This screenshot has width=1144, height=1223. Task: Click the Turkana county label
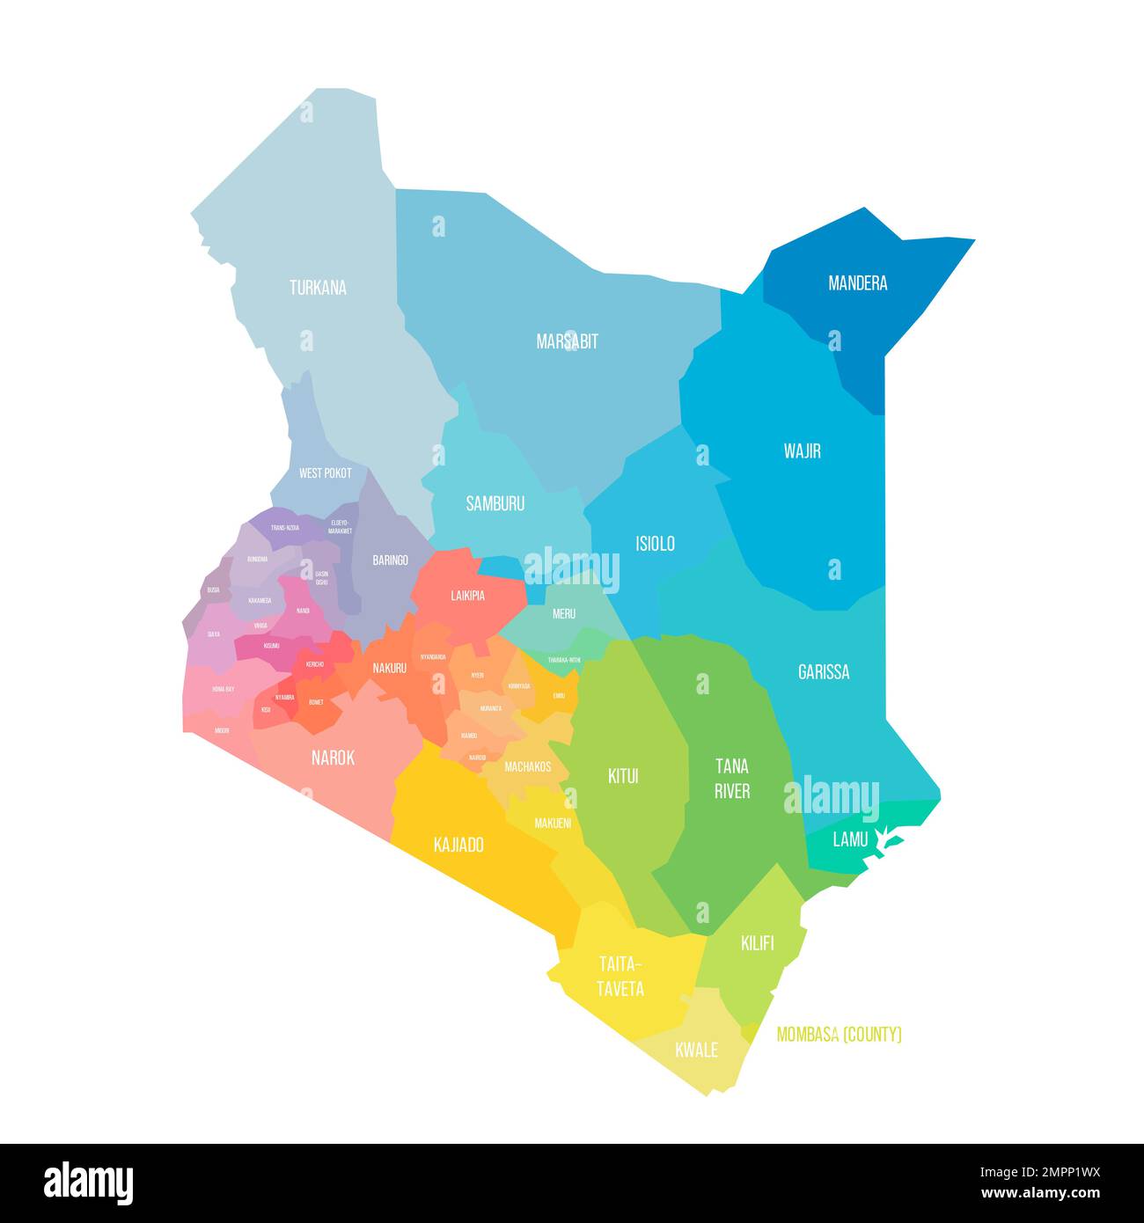click(x=318, y=288)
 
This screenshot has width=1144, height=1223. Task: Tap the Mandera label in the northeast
click(x=857, y=283)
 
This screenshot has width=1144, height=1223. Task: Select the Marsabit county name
click(x=567, y=341)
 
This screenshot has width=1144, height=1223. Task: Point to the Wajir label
click(x=802, y=451)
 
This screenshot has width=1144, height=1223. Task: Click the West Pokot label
click(x=325, y=473)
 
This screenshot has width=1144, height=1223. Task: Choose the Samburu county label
click(x=495, y=504)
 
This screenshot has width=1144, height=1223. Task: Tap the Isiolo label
click(x=655, y=544)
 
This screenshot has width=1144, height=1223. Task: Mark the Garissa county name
click(x=824, y=672)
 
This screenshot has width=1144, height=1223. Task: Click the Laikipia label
click(x=467, y=596)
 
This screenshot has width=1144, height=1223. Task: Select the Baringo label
click(x=390, y=560)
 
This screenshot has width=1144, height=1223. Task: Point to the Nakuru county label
click(x=389, y=669)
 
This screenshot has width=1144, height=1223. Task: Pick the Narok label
click(x=333, y=758)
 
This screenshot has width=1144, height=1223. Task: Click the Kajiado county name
click(x=458, y=846)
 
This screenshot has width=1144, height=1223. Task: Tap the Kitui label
click(x=623, y=777)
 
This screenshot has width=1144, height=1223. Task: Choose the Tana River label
click(x=731, y=779)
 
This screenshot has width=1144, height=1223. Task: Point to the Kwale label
click(x=696, y=1051)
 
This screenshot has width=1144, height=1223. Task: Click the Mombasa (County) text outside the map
click(x=839, y=1035)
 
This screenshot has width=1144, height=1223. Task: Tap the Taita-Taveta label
click(x=620, y=976)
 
